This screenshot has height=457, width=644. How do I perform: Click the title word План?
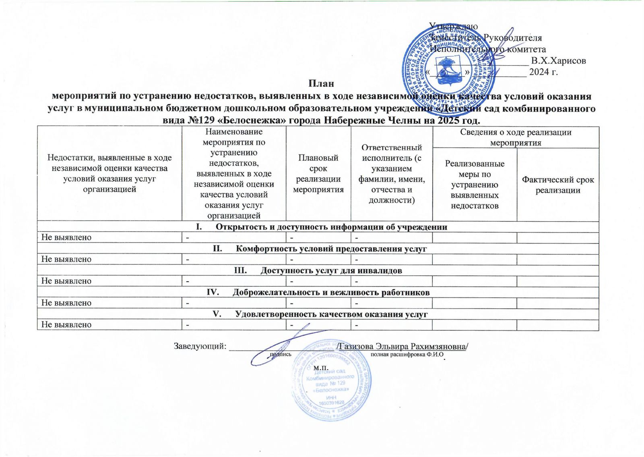321,84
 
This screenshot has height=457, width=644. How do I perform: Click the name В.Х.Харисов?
558,61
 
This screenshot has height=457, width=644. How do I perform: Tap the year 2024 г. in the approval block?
543,72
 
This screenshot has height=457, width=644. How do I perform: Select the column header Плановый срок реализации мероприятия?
318,174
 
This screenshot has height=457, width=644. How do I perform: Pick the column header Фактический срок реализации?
557,185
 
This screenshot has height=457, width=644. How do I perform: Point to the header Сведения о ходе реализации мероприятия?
516,137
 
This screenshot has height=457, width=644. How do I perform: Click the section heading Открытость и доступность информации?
331,227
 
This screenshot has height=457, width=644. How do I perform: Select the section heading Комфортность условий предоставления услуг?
331,249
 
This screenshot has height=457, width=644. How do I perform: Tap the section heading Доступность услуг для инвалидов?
331,270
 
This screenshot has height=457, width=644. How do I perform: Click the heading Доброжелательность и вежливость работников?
331,292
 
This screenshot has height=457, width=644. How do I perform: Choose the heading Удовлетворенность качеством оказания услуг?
331,314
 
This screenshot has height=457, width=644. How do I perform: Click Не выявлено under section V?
66,325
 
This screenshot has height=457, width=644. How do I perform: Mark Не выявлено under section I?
66,237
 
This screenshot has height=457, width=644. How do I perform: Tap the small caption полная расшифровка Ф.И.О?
407,355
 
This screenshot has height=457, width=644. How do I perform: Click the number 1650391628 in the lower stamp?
330,403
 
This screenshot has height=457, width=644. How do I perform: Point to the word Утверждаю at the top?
454,26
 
